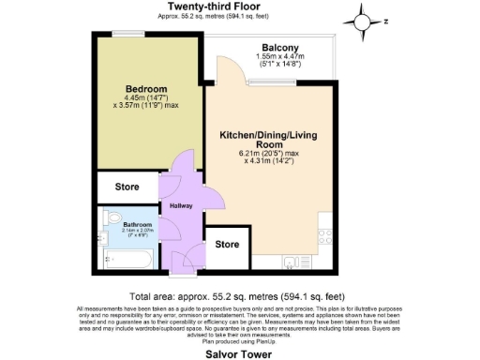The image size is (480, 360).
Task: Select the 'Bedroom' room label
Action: (x=146, y=90)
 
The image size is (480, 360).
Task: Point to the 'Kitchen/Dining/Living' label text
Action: (x=267, y=134)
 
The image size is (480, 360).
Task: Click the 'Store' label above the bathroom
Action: (x=127, y=187)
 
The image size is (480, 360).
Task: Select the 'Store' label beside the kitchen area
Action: (x=226, y=244)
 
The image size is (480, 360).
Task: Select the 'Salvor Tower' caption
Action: (x=239, y=354)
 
